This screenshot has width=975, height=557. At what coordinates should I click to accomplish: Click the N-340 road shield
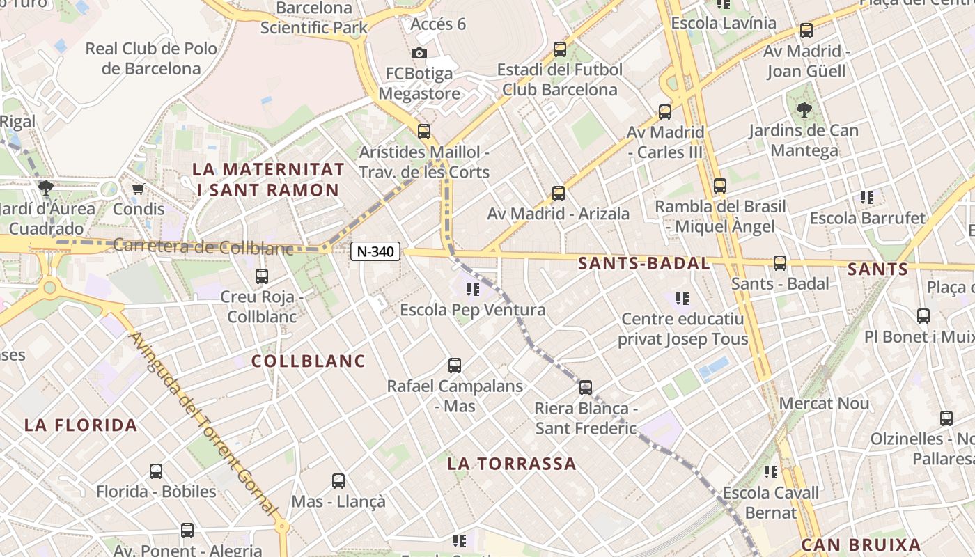click(375, 252)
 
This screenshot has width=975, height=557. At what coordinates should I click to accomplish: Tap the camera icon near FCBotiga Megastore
click(419, 54)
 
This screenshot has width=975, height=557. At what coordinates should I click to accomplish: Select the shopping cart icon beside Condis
click(138, 189)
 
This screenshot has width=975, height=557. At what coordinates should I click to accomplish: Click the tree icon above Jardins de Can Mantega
click(804, 109)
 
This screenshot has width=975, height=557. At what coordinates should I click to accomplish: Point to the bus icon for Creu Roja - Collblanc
click(262, 276)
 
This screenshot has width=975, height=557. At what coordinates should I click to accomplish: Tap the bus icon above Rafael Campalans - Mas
click(455, 365)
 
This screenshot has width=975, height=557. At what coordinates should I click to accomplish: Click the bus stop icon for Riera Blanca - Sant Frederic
click(586, 388)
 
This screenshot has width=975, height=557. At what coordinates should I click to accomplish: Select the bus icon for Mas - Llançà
click(338, 480)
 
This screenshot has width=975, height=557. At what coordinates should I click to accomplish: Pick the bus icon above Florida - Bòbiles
click(156, 471)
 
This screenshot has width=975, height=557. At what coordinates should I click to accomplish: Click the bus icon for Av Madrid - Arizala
click(558, 193)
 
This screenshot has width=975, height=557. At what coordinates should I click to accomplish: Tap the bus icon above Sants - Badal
click(780, 262)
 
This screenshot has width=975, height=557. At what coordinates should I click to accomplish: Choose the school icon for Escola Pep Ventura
click(473, 289)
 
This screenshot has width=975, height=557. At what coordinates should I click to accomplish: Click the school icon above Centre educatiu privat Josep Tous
click(682, 299)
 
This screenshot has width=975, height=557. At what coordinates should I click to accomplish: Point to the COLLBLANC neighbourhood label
click(308, 361)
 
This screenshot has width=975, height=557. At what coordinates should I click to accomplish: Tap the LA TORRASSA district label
click(512, 464)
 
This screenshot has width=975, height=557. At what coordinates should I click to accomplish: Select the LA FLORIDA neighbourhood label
click(81, 425)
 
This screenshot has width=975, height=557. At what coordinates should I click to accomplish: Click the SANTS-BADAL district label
click(644, 263)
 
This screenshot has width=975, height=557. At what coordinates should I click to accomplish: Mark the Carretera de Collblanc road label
click(203, 247)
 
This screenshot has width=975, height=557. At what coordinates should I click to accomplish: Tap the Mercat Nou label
click(824, 403)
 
